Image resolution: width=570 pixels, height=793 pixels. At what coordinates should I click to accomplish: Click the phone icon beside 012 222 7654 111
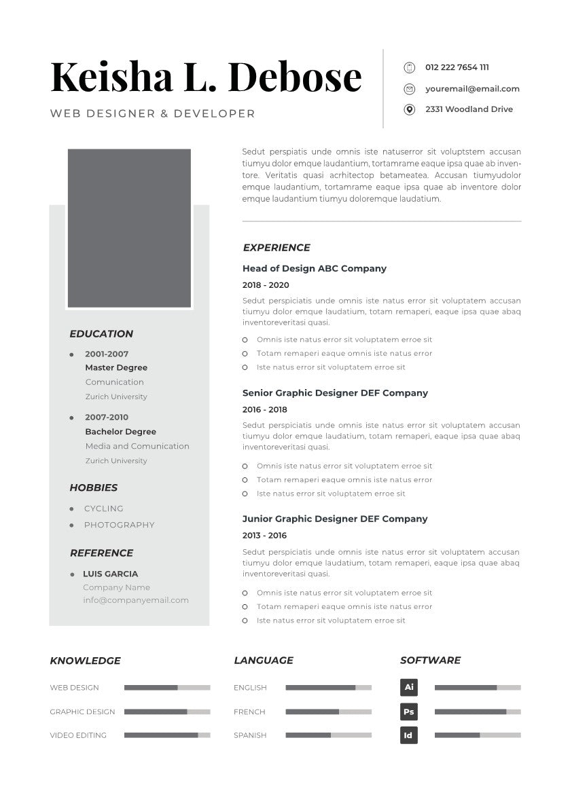[409, 67]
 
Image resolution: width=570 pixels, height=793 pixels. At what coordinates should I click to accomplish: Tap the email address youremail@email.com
[472, 88]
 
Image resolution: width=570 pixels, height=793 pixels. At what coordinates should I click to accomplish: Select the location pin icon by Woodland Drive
[409, 109]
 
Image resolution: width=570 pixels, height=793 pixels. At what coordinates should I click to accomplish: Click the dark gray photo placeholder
[129, 228]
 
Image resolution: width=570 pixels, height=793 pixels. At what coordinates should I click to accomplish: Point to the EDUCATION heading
[101, 334]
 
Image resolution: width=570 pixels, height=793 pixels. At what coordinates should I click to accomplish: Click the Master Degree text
[116, 367]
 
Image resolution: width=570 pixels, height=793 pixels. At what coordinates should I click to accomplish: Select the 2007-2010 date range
[107, 417]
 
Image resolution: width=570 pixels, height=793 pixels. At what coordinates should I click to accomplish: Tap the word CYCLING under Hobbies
[104, 509]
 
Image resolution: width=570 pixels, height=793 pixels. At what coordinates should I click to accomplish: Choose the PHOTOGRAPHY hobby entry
[120, 525]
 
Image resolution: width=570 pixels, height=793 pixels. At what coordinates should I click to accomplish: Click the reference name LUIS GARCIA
[110, 574]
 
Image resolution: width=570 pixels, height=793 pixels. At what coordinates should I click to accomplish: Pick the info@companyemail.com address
[136, 600]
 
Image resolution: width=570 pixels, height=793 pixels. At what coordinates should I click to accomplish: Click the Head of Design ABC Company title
[315, 268]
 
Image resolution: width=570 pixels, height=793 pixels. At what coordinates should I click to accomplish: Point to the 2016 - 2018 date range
[265, 409]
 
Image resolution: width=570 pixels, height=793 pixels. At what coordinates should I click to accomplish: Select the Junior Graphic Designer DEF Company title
[335, 519]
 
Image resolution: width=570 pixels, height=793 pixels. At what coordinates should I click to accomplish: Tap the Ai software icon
[409, 687]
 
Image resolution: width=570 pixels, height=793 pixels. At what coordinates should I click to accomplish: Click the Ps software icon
[409, 712]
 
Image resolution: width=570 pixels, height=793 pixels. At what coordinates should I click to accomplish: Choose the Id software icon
[409, 735]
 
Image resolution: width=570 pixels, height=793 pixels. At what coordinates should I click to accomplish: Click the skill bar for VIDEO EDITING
[167, 735]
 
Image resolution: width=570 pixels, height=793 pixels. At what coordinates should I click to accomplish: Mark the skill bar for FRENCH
[329, 712]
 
